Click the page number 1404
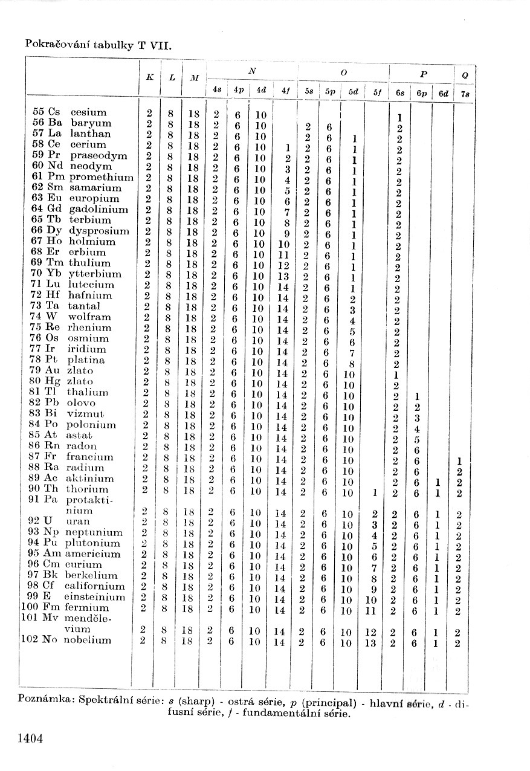pos(31,738)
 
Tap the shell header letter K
pos(149,78)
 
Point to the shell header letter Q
pos(464,77)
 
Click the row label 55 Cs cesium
pos(69,112)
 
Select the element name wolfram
pos(89,317)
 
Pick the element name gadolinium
pos(99,209)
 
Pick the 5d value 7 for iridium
pos(352,353)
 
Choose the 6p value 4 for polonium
pos(416,430)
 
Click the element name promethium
pos(101,177)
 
